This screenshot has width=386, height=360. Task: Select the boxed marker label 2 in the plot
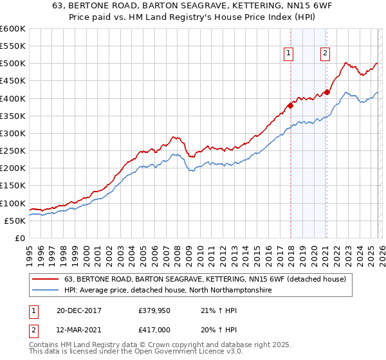click(325, 54)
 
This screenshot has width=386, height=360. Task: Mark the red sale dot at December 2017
click(290, 105)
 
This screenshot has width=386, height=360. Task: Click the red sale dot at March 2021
click(327, 92)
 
